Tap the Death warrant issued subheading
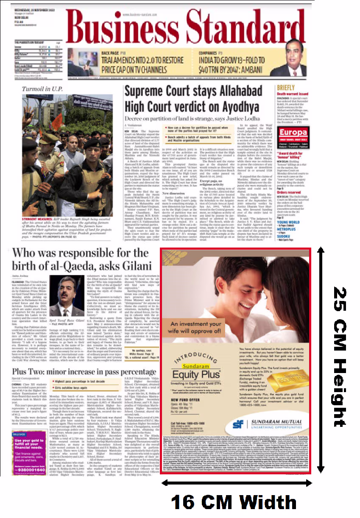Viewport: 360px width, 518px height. [293, 94]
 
